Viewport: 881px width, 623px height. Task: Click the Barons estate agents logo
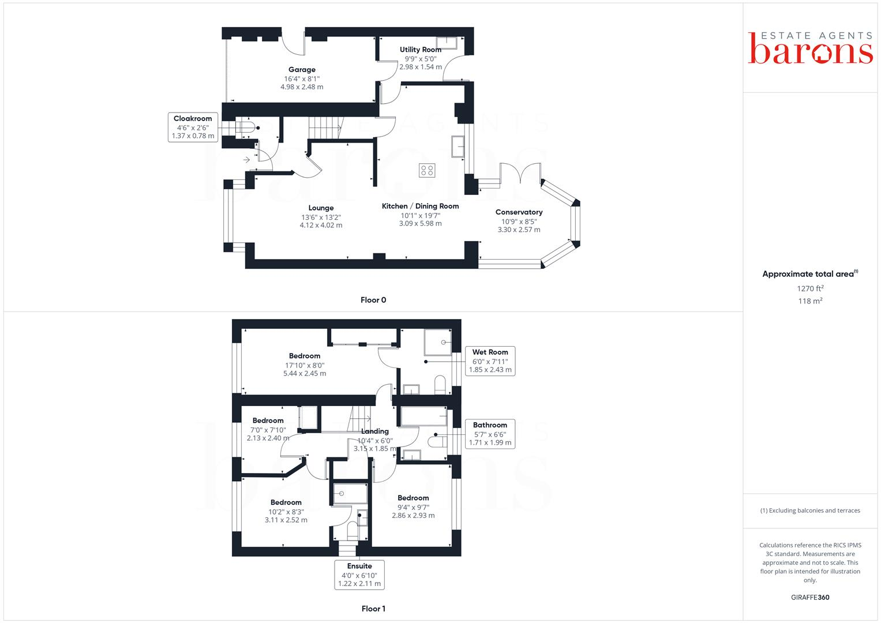point(810,47)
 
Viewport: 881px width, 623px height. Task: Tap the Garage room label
point(302,70)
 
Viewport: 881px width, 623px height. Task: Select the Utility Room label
point(420,50)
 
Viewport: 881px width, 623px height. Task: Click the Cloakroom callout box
point(193,127)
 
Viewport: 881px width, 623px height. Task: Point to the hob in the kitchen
point(427,170)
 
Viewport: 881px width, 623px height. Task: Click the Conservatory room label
point(519,212)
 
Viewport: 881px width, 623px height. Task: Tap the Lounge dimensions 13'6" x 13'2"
point(321,217)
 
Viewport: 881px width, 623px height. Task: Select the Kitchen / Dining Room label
point(420,206)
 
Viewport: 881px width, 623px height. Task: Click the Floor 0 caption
point(373,300)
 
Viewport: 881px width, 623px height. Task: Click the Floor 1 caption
point(373,609)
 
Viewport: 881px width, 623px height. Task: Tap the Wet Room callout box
point(490,361)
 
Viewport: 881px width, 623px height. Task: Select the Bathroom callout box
point(490,434)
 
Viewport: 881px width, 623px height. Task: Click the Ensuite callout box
point(359,575)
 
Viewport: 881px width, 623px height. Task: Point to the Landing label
point(375,431)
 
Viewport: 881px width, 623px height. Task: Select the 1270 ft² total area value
point(810,288)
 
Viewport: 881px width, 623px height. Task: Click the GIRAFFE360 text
point(810,598)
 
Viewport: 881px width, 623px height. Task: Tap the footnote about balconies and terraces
point(810,511)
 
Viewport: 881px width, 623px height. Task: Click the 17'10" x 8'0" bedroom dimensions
point(305,365)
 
